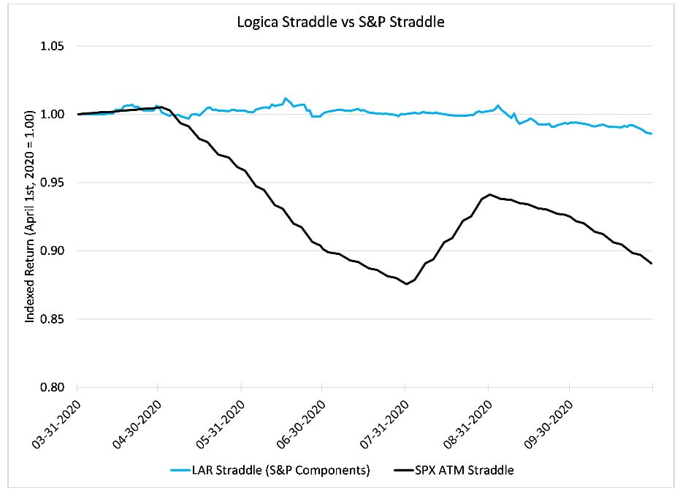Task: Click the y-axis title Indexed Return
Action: pyautogui.click(x=30, y=217)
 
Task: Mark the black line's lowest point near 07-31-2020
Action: pyautogui.click(x=407, y=284)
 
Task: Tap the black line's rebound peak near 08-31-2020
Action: pyautogui.click(x=489, y=194)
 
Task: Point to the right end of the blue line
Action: pyautogui.click(x=651, y=134)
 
